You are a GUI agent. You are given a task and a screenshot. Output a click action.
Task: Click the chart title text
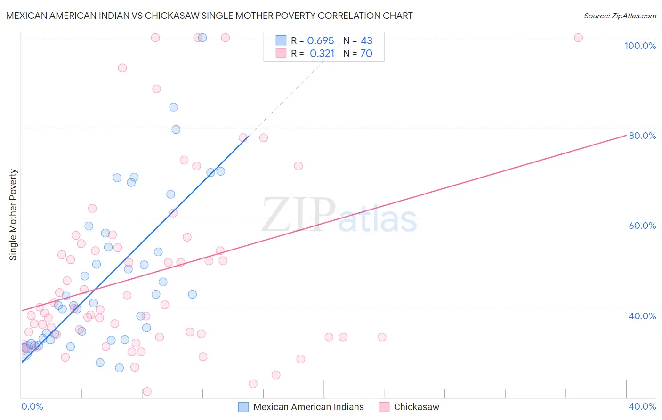tap(209, 16)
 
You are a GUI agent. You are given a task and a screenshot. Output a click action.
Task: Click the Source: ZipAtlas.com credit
tap(620, 16)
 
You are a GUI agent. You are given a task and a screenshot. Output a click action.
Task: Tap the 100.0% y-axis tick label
tap(640, 46)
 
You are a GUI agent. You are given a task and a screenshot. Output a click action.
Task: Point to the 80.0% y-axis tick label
tap(642, 136)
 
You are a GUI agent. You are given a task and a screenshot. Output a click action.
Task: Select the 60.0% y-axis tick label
tap(642, 226)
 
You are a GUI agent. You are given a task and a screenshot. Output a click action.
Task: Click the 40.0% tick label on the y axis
tap(642, 316)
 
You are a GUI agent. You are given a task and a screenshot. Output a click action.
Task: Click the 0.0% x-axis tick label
tap(32, 406)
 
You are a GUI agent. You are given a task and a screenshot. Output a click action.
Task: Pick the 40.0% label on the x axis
tap(642, 406)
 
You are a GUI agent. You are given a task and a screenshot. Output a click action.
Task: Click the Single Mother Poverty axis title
tap(13, 215)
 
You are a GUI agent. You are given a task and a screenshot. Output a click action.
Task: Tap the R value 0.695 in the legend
tap(320, 41)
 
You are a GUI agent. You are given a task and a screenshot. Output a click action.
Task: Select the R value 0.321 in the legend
tap(322, 54)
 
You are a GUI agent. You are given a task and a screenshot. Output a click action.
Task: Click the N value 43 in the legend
tap(366, 41)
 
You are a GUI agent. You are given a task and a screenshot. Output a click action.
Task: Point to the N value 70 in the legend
tap(366, 54)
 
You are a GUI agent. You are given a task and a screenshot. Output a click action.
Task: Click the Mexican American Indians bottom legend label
tap(308, 407)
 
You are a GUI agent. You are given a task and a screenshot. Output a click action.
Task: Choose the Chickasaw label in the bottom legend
tap(416, 407)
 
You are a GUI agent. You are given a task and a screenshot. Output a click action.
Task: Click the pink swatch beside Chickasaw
tap(384, 407)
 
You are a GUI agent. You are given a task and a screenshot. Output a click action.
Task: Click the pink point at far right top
tap(578, 38)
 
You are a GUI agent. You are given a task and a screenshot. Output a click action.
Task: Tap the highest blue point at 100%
tap(202, 38)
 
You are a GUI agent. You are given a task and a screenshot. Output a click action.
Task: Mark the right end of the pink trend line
tap(627, 135)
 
